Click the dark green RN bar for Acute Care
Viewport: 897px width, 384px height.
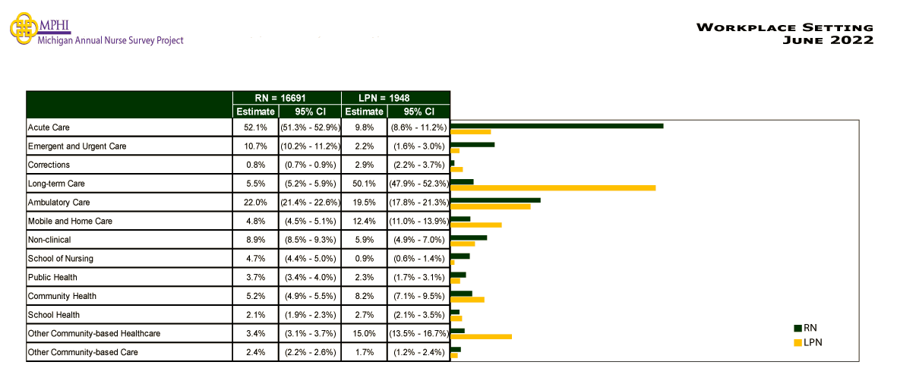pyautogui.click(x=557, y=125)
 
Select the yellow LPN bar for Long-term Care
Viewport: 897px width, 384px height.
pyautogui.click(x=553, y=187)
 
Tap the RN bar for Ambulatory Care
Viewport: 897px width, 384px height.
pyautogui.click(x=495, y=200)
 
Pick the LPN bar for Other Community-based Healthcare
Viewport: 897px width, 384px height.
pyautogui.click(x=481, y=336)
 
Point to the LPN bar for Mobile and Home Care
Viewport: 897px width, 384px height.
pyautogui.click(x=476, y=225)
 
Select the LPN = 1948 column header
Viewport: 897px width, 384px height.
pyautogui.click(x=384, y=98)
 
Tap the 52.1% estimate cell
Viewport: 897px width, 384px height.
pyautogui.click(x=255, y=127)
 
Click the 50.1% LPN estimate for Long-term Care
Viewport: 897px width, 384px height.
pyautogui.click(x=364, y=184)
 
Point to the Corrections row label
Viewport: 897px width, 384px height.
pyautogui.click(x=49, y=165)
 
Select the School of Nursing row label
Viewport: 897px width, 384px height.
pyautogui.click(x=60, y=259)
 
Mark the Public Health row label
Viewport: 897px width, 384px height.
pyautogui.click(x=52, y=277)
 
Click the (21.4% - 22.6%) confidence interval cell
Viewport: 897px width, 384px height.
pyautogui.click(x=310, y=203)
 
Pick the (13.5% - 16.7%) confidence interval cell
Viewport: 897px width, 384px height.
pyautogui.click(x=418, y=333)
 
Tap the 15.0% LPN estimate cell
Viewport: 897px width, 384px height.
pyautogui.click(x=364, y=333)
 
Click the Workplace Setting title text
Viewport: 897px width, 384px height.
pyautogui.click(x=785, y=28)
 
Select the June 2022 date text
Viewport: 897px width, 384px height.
pyautogui.click(x=828, y=40)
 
